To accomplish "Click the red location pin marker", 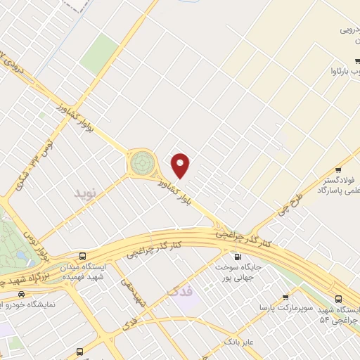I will (x=181, y=165).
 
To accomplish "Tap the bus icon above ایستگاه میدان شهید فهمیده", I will (x=83, y=257).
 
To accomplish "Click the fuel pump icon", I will (x=237, y=256).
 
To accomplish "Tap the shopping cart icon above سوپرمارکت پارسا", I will (x=285, y=298).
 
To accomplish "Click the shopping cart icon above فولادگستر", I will (x=339, y=169).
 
